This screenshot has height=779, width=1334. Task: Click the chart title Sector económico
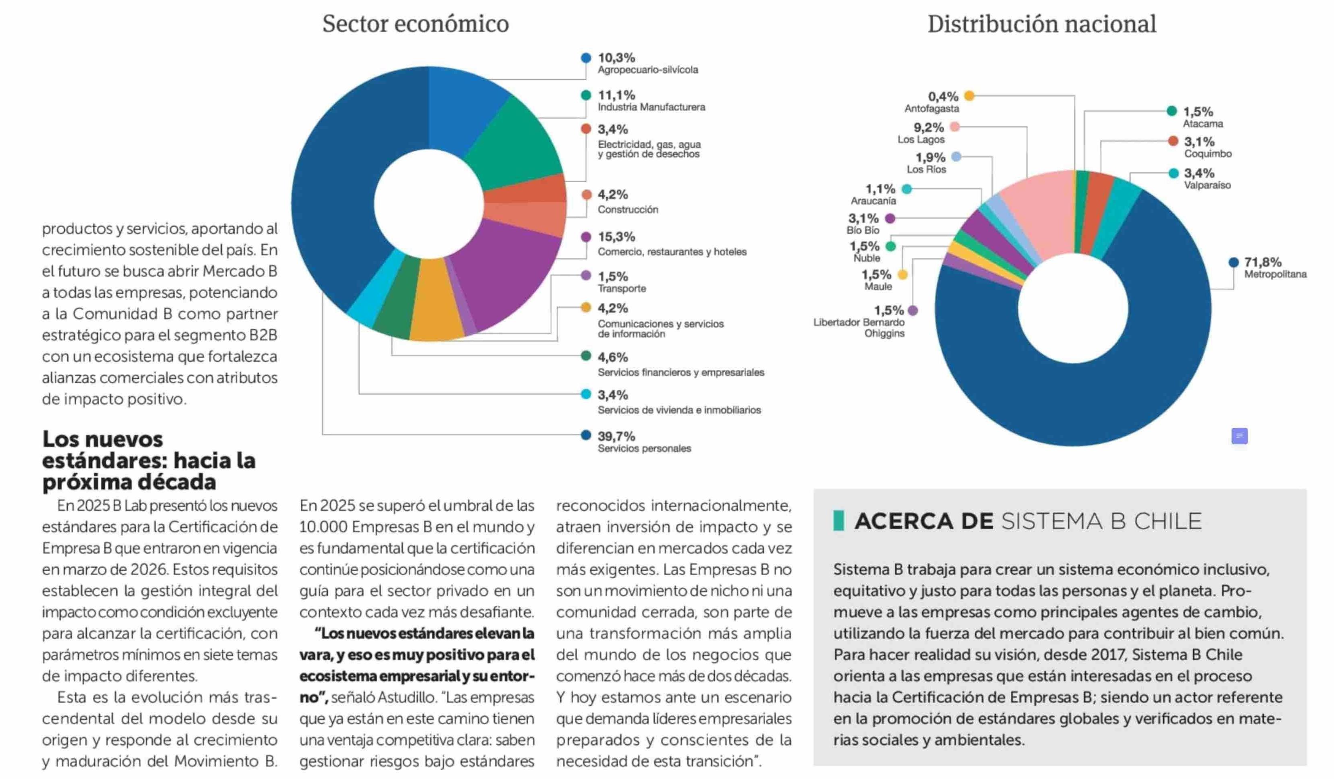(416, 24)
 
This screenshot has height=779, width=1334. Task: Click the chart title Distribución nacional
(1041, 24)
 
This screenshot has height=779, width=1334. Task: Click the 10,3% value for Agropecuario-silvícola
(616, 58)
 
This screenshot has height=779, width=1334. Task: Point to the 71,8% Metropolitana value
(1263, 262)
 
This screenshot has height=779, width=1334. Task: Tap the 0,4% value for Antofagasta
(943, 97)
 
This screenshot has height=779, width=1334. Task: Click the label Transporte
(622, 289)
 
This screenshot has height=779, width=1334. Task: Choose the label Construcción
(628, 209)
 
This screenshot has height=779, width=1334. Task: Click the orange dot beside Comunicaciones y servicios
(585, 307)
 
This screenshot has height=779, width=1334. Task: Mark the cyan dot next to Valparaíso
(1173, 173)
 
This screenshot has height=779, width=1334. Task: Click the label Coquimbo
(1207, 154)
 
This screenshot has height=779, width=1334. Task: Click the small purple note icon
(1239, 436)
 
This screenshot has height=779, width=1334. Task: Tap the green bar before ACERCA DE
(838, 520)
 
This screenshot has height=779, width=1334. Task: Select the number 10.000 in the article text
(323, 527)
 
